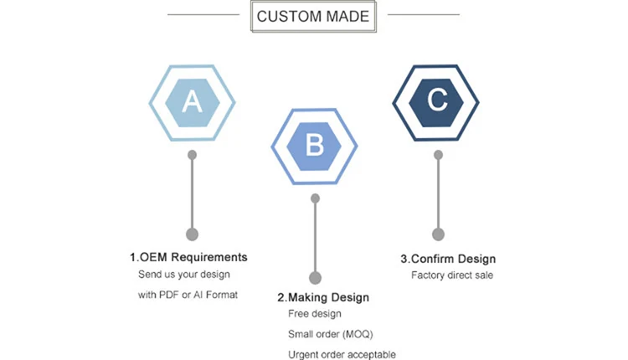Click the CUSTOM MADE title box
313,16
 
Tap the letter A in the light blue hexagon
192,102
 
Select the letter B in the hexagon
315,147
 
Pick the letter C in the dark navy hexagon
437,101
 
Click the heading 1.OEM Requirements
188,257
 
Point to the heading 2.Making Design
323,297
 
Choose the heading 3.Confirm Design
448,259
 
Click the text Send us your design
183,275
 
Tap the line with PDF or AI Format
188,295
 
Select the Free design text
315,314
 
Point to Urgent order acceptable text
342,354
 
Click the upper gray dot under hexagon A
193,155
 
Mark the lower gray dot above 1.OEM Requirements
192,234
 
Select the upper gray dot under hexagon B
315,198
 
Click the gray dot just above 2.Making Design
315,277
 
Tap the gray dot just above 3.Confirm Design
437,234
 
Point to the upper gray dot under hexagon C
437,155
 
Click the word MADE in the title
346,16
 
